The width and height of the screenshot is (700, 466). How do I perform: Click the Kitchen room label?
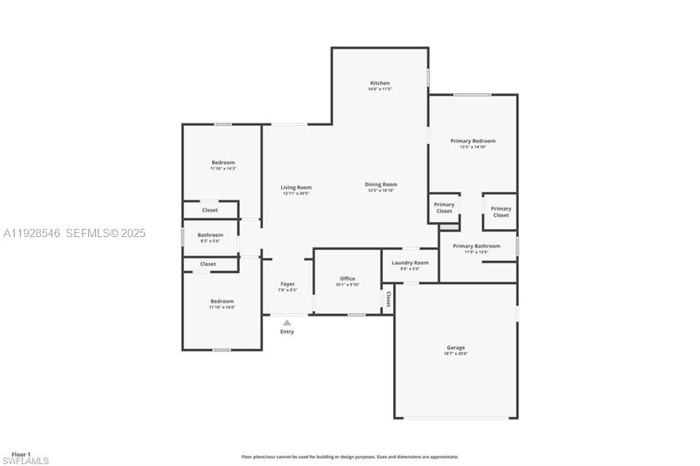(x=379, y=83)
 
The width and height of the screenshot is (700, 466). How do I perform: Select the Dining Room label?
(x=381, y=184)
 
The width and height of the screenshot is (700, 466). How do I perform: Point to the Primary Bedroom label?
(x=473, y=141)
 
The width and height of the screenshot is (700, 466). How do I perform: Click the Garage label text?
(x=456, y=348)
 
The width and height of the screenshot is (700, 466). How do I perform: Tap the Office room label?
(x=347, y=279)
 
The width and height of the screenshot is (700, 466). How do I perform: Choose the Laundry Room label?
(x=410, y=263)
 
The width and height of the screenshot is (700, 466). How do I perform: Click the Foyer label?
(x=288, y=284)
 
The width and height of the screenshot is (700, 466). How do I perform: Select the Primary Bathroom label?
(x=476, y=246)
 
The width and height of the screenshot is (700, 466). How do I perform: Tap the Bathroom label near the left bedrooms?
(x=211, y=235)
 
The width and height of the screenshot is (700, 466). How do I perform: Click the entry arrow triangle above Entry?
(x=287, y=323)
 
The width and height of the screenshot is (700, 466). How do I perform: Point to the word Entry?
(x=287, y=332)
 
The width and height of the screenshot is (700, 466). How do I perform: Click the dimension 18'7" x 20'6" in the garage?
(x=456, y=354)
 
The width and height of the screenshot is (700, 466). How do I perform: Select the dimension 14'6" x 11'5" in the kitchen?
(x=379, y=89)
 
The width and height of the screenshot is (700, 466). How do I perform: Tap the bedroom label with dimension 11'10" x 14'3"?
(x=223, y=163)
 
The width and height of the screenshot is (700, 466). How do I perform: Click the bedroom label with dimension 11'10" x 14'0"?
(x=222, y=301)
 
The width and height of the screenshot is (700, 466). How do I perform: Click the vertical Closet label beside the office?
(x=388, y=299)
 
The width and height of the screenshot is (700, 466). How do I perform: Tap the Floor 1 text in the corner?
(x=21, y=454)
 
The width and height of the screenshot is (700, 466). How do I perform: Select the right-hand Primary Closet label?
(x=501, y=212)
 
